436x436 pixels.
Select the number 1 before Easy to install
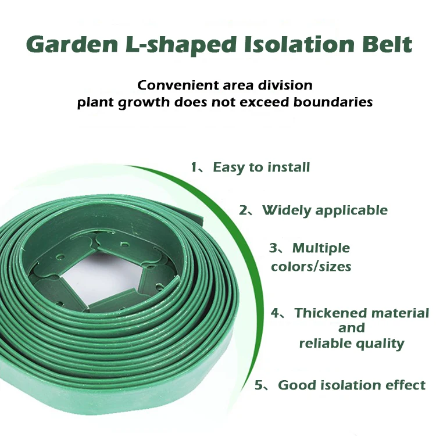[x=194, y=167]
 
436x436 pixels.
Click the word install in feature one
[x=288, y=167]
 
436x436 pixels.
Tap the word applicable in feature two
[x=352, y=210]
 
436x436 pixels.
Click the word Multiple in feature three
[x=321, y=248]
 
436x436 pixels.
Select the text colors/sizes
[x=311, y=267]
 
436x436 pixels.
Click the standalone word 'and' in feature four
[x=352, y=328]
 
